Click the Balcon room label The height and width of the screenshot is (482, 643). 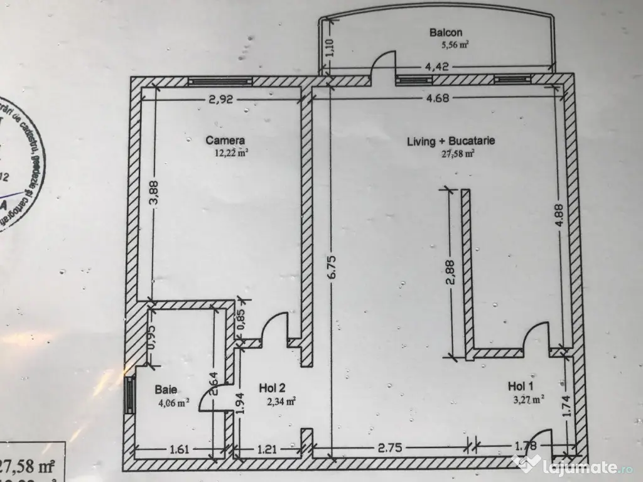pos(446,32)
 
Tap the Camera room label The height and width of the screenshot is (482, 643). pos(225,141)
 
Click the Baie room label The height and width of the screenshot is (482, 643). pos(166,390)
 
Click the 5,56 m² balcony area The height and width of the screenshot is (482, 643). pos(456,45)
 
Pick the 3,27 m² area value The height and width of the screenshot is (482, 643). pos(528,397)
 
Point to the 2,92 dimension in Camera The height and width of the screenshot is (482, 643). pos(220,99)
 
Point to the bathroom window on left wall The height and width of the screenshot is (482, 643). pos(129,395)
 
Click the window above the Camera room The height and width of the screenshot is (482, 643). pos(220,81)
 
